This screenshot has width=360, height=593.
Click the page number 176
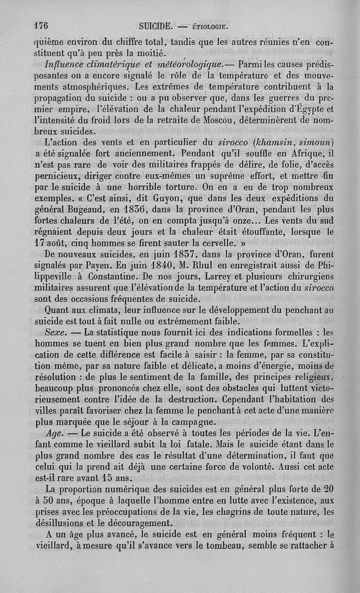coord(42,25)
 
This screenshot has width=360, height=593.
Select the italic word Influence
coord(66,61)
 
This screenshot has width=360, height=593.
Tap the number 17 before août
coord(41,233)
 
